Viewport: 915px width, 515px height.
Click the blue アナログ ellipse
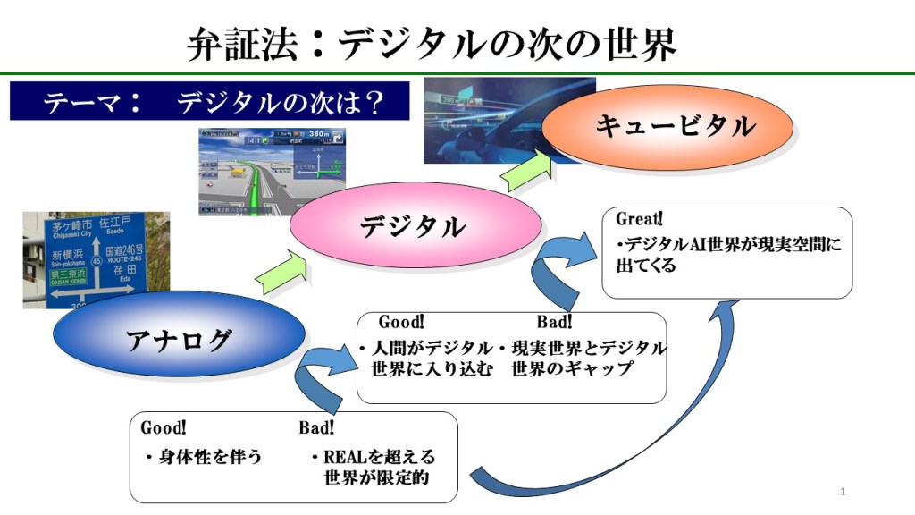click(x=178, y=341)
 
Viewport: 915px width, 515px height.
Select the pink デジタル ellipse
click(x=415, y=226)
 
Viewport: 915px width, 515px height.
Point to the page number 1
click(x=843, y=492)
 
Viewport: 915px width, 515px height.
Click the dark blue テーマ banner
click(x=209, y=102)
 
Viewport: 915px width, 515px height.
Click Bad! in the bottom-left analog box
click(x=317, y=427)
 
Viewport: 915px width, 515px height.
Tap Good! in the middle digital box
click(x=401, y=321)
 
